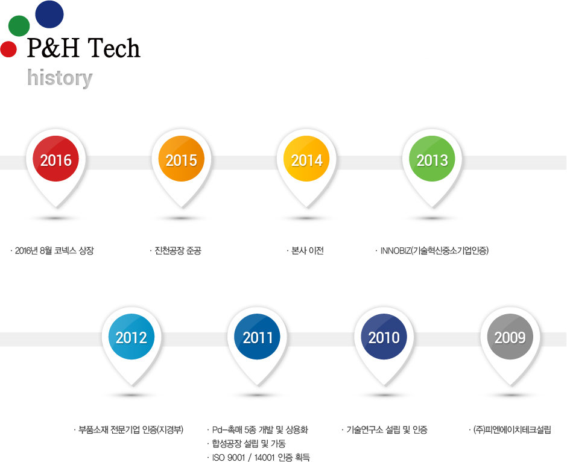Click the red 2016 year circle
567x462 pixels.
pos(55,159)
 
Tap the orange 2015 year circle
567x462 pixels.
pos(181,159)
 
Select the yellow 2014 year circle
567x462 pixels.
pos(306,159)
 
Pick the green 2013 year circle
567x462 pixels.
pos(432,159)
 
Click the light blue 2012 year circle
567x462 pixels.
pos(131,337)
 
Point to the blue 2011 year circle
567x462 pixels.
pos(258,337)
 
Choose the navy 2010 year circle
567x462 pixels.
pos(384,337)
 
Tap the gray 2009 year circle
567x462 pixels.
pos(510,337)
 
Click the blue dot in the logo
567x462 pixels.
pos(49,14)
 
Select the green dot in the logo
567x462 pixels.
pos(19,26)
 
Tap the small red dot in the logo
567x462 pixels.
pos(8,49)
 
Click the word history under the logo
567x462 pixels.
pos(60,78)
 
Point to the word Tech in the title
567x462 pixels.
pos(114,48)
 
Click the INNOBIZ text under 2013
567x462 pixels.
pos(434,250)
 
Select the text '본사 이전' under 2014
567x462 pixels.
pos(308,250)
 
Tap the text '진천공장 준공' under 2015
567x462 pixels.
pos(178,250)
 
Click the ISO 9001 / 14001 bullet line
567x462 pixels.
pos(261,457)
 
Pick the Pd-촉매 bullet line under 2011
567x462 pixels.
pos(260,430)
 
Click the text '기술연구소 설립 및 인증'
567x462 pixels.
pos(387,430)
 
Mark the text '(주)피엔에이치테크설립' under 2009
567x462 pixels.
pos(512,430)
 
